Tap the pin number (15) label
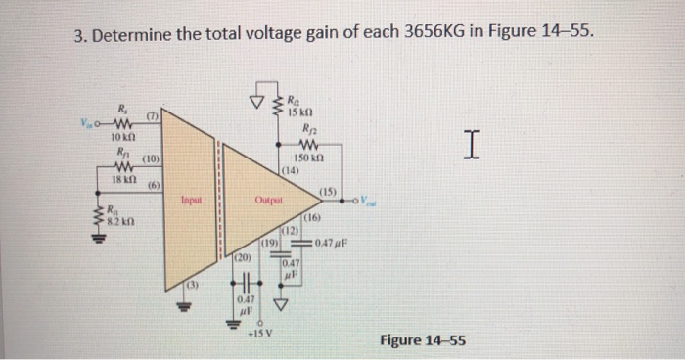coord(328,191)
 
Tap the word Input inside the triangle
coord(192,202)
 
